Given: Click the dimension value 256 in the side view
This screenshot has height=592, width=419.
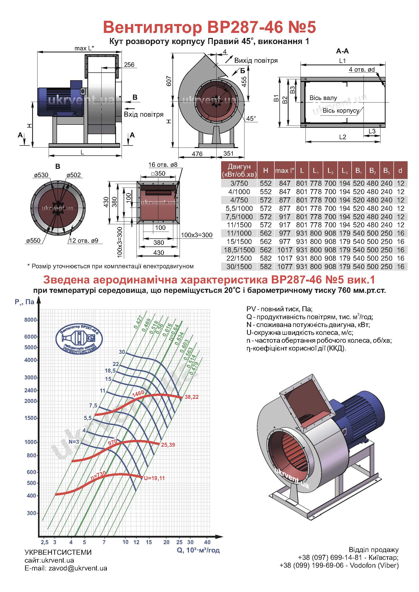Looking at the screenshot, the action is [x=129, y=65].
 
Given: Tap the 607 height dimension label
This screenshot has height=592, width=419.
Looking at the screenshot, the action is [x=169, y=81].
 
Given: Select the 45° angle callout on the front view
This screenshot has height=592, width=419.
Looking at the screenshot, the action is [x=251, y=118].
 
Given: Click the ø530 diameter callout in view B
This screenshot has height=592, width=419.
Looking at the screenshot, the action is [x=41, y=175].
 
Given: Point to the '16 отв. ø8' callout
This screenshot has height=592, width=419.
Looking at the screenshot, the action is [x=163, y=165].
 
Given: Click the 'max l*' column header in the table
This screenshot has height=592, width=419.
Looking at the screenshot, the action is [x=285, y=171].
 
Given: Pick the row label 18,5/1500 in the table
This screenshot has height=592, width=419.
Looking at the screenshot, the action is [x=239, y=250].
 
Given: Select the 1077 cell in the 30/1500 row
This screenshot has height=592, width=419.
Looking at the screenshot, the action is [x=285, y=267].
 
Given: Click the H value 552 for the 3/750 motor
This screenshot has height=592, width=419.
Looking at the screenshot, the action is [x=266, y=183].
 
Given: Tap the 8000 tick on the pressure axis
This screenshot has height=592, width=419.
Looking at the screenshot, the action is [x=30, y=320].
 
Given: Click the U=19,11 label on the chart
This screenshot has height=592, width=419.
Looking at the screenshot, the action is [x=154, y=478].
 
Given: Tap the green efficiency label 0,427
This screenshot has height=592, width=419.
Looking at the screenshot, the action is [x=138, y=322].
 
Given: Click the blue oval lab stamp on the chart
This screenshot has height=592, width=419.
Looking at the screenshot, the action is [x=79, y=338].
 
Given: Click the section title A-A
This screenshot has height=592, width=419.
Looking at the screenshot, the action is [x=342, y=51].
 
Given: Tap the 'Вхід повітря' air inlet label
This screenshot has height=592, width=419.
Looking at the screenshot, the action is [x=144, y=114].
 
